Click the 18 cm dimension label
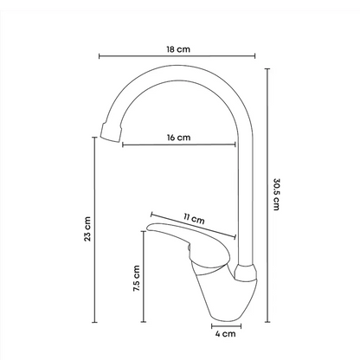[178, 49]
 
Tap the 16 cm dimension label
[179, 138]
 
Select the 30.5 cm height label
[276, 195]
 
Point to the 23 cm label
[87, 229]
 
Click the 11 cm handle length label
[194, 219]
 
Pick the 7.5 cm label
[137, 278]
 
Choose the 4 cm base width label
[225, 334]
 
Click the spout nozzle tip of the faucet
[110, 132]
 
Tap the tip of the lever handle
[148, 228]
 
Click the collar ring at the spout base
[246, 272]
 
